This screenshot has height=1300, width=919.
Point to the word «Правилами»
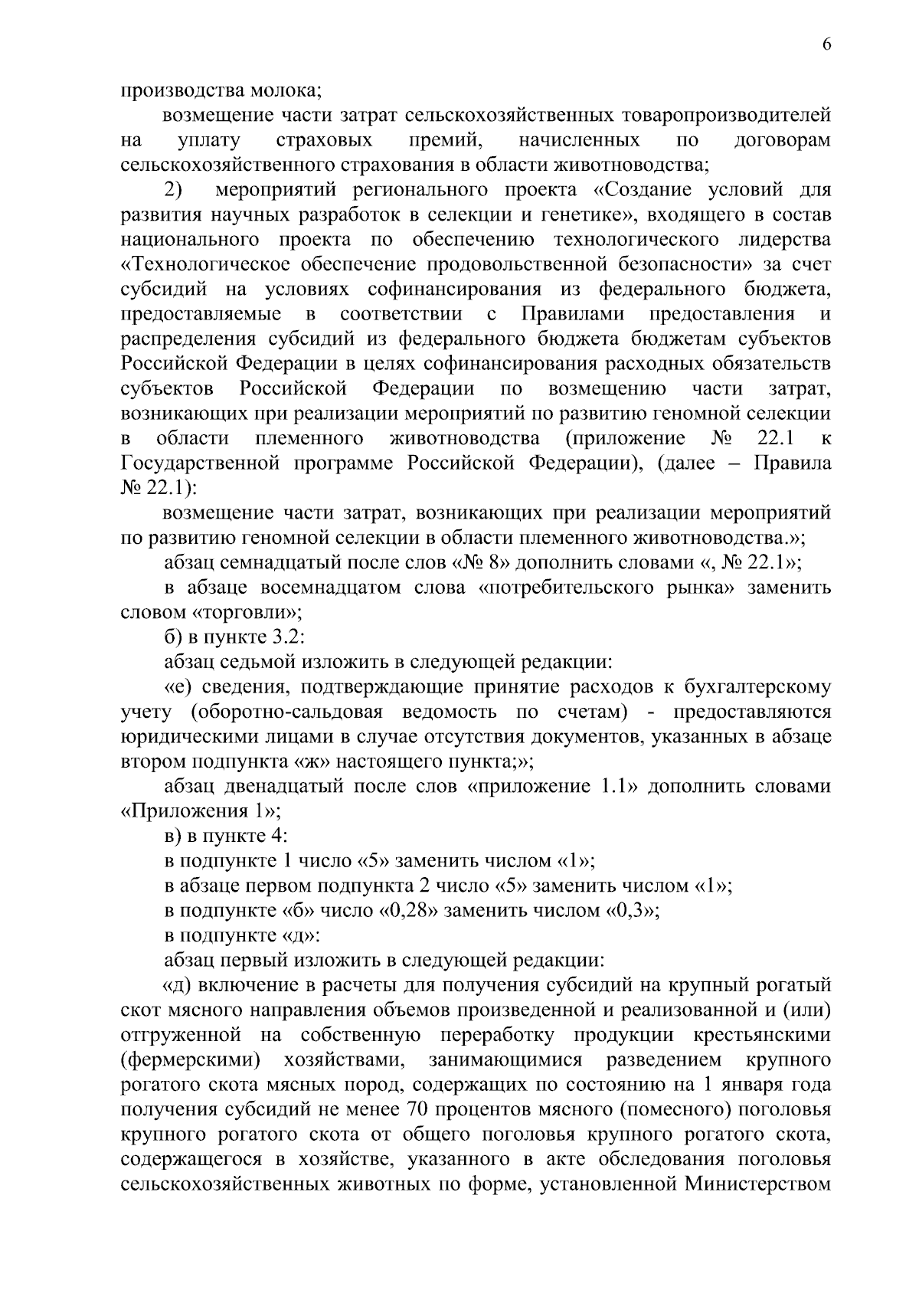[x=573, y=314]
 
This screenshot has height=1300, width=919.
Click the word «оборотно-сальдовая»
[x=286, y=712]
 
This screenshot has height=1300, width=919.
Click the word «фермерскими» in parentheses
[x=191, y=1060]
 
